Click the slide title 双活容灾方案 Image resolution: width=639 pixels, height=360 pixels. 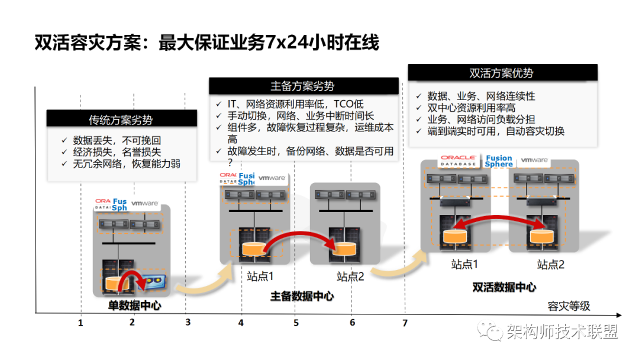[206, 43]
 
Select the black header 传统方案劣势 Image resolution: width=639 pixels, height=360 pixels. [121, 119]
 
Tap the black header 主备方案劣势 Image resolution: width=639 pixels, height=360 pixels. [303, 86]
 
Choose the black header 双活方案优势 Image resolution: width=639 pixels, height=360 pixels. [502, 73]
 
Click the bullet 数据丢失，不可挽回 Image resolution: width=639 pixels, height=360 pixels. [117, 141]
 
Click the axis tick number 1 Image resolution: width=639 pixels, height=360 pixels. [80, 323]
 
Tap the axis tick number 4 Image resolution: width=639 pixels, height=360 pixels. [241, 323]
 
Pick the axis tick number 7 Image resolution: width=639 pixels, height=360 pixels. [405, 323]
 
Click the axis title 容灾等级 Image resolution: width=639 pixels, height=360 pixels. [569, 306]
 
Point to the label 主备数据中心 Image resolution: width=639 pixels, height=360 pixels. [302, 296]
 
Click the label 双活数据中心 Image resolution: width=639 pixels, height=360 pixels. [504, 287]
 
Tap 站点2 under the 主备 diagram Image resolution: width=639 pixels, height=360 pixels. [350, 276]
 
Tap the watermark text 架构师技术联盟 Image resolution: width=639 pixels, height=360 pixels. [562, 332]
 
